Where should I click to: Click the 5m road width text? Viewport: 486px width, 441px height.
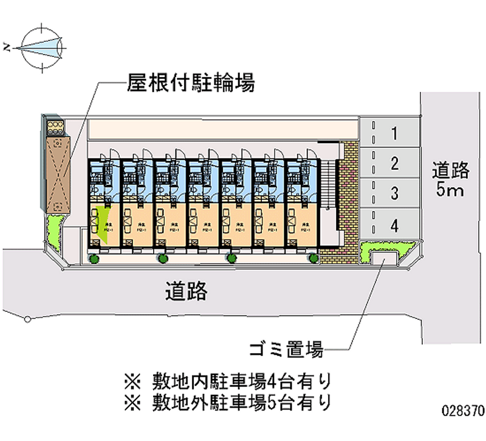[451, 191]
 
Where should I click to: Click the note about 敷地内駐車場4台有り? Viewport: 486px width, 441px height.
[228, 381]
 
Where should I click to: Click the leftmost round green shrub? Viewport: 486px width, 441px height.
[95, 259]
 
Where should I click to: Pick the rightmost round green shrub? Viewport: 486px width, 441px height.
[313, 259]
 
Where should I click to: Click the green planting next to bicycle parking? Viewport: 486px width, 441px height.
[53, 231]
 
